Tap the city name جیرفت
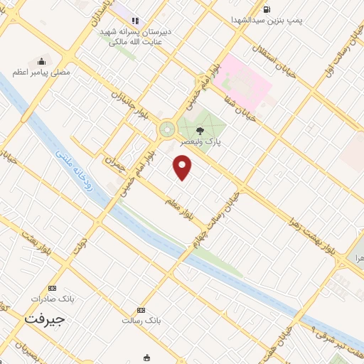(44, 319)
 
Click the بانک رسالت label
(141, 320)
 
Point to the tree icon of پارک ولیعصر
(201, 129)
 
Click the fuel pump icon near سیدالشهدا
(266, 9)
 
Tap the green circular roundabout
(167, 129)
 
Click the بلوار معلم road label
(180, 204)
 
